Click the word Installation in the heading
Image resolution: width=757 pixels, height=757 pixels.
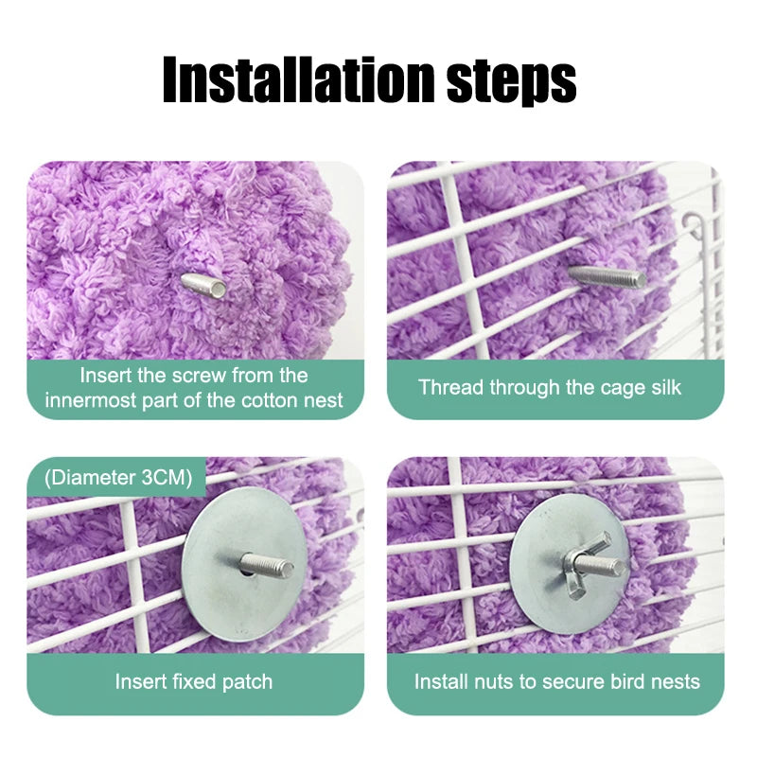tap(299, 79)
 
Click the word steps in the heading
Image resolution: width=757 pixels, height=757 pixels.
tap(511, 82)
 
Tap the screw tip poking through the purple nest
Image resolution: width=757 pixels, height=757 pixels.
tap(203, 285)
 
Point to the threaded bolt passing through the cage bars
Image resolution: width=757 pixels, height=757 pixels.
tap(607, 276)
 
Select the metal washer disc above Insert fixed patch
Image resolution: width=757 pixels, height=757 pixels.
tap(244, 564)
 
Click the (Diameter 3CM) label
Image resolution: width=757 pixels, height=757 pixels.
tap(118, 478)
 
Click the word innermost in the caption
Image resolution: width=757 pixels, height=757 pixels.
tap(91, 400)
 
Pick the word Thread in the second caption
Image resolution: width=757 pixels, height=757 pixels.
tap(451, 387)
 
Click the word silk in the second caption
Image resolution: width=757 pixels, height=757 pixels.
tap(666, 387)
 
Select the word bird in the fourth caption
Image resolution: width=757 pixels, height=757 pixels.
tap(627, 681)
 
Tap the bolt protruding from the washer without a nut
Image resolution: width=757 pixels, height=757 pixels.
tap(266, 565)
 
